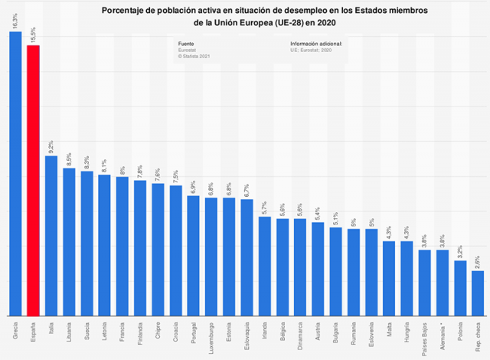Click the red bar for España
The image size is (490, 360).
click(x=33, y=180)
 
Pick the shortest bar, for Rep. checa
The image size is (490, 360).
click(x=477, y=293)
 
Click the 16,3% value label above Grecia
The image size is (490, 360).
click(x=15, y=21)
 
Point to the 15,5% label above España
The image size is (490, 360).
click(x=33, y=34)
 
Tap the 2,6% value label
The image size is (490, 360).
click(x=477, y=261)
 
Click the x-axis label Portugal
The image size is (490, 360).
click(x=194, y=333)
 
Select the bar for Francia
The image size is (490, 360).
click(x=122, y=246)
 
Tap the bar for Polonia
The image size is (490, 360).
click(x=459, y=288)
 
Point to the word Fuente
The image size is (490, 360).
click(x=186, y=44)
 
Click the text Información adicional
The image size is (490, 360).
click(x=315, y=44)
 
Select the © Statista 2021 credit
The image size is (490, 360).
click(x=194, y=56)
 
